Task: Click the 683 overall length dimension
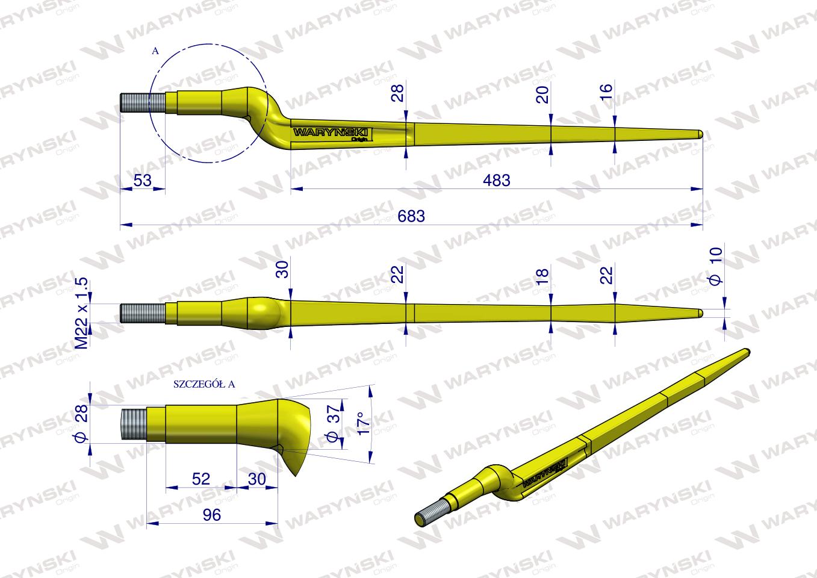[411, 216]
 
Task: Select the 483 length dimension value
[497, 179]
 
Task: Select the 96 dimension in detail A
[213, 514]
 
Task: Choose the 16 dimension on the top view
[606, 92]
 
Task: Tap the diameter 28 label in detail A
[82, 422]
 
